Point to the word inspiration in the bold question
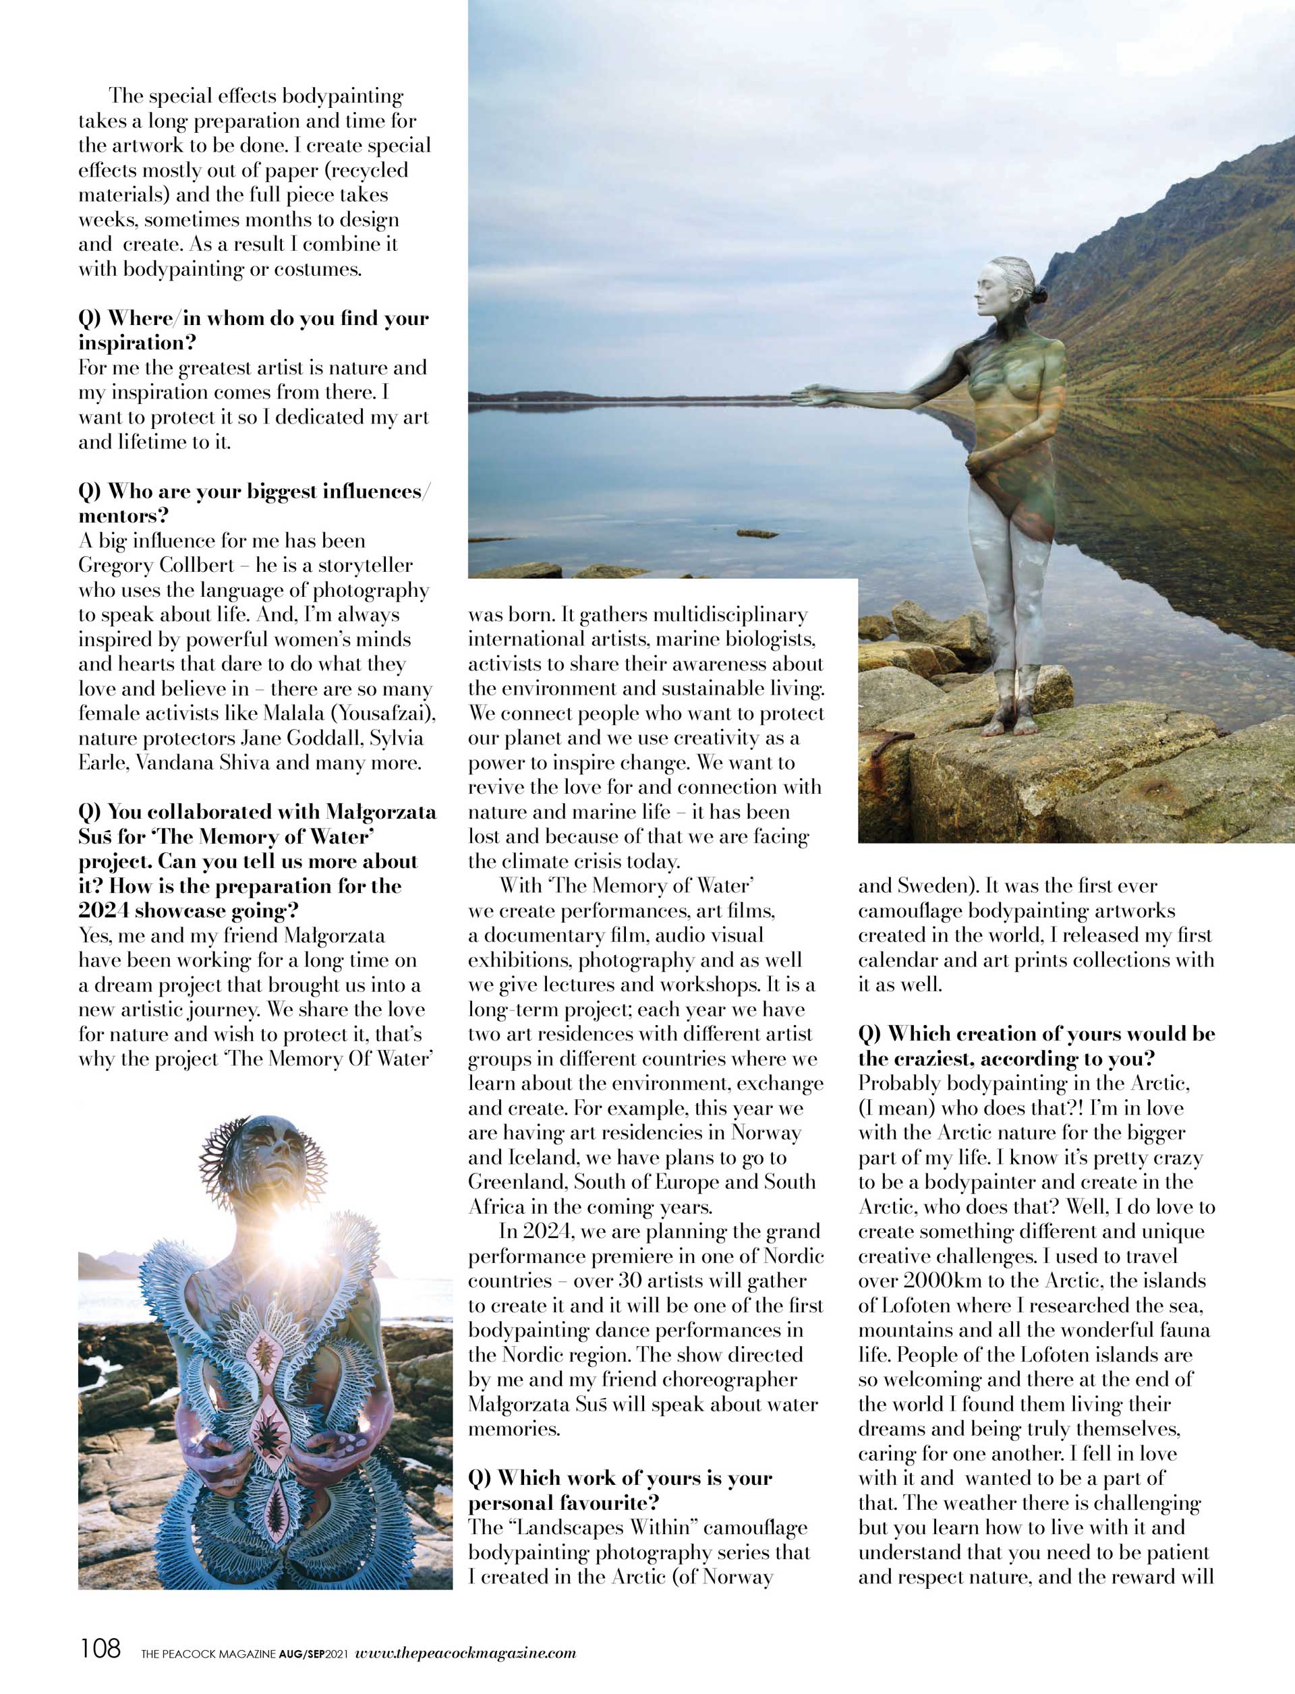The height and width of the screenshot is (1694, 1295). [x=137, y=343]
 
